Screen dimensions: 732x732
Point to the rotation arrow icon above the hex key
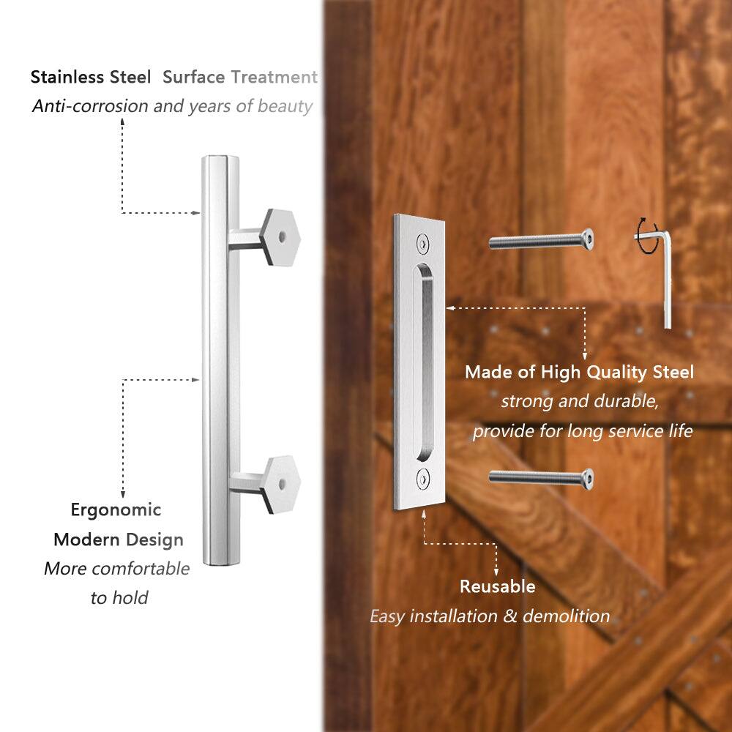pos(645,238)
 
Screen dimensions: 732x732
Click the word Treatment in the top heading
pos(274,77)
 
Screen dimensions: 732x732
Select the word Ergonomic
pos(116,509)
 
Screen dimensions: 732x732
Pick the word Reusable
pos(497,586)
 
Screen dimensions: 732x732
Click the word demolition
pos(567,616)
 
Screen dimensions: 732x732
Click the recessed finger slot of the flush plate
pos(424,359)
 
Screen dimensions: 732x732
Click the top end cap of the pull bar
pos(220,160)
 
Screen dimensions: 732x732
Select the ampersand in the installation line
pos(511,616)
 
